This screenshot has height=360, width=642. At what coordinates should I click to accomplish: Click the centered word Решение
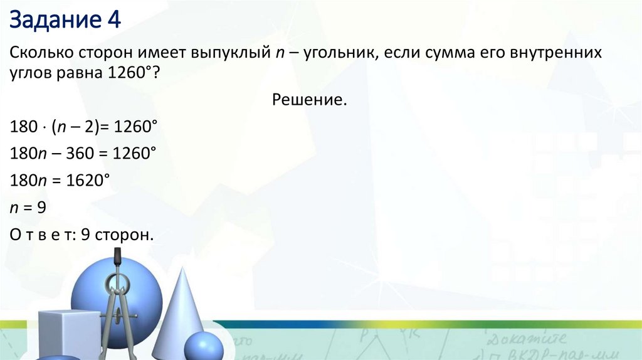(x=309, y=100)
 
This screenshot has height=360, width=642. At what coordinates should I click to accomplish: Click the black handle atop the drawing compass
(x=117, y=257)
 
